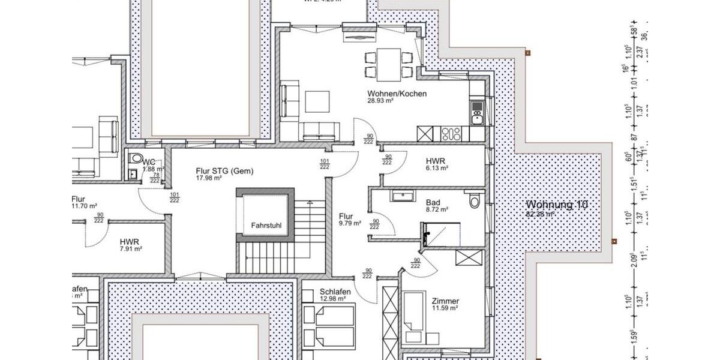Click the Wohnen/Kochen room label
click(x=397, y=94)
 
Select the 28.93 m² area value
click(x=380, y=101)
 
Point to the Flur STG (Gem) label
click(x=224, y=171)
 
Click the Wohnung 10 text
click(x=556, y=204)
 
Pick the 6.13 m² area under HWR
click(x=437, y=169)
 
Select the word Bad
click(x=433, y=203)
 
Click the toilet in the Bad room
click(x=475, y=200)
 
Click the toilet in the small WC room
click(x=136, y=160)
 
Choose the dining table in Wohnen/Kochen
click(x=389, y=65)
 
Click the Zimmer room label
click(x=445, y=301)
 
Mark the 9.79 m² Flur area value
click(x=349, y=223)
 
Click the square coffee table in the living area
click(x=317, y=101)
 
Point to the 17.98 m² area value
click(x=209, y=178)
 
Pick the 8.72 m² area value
click(x=437, y=210)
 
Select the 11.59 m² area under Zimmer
click(x=445, y=308)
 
